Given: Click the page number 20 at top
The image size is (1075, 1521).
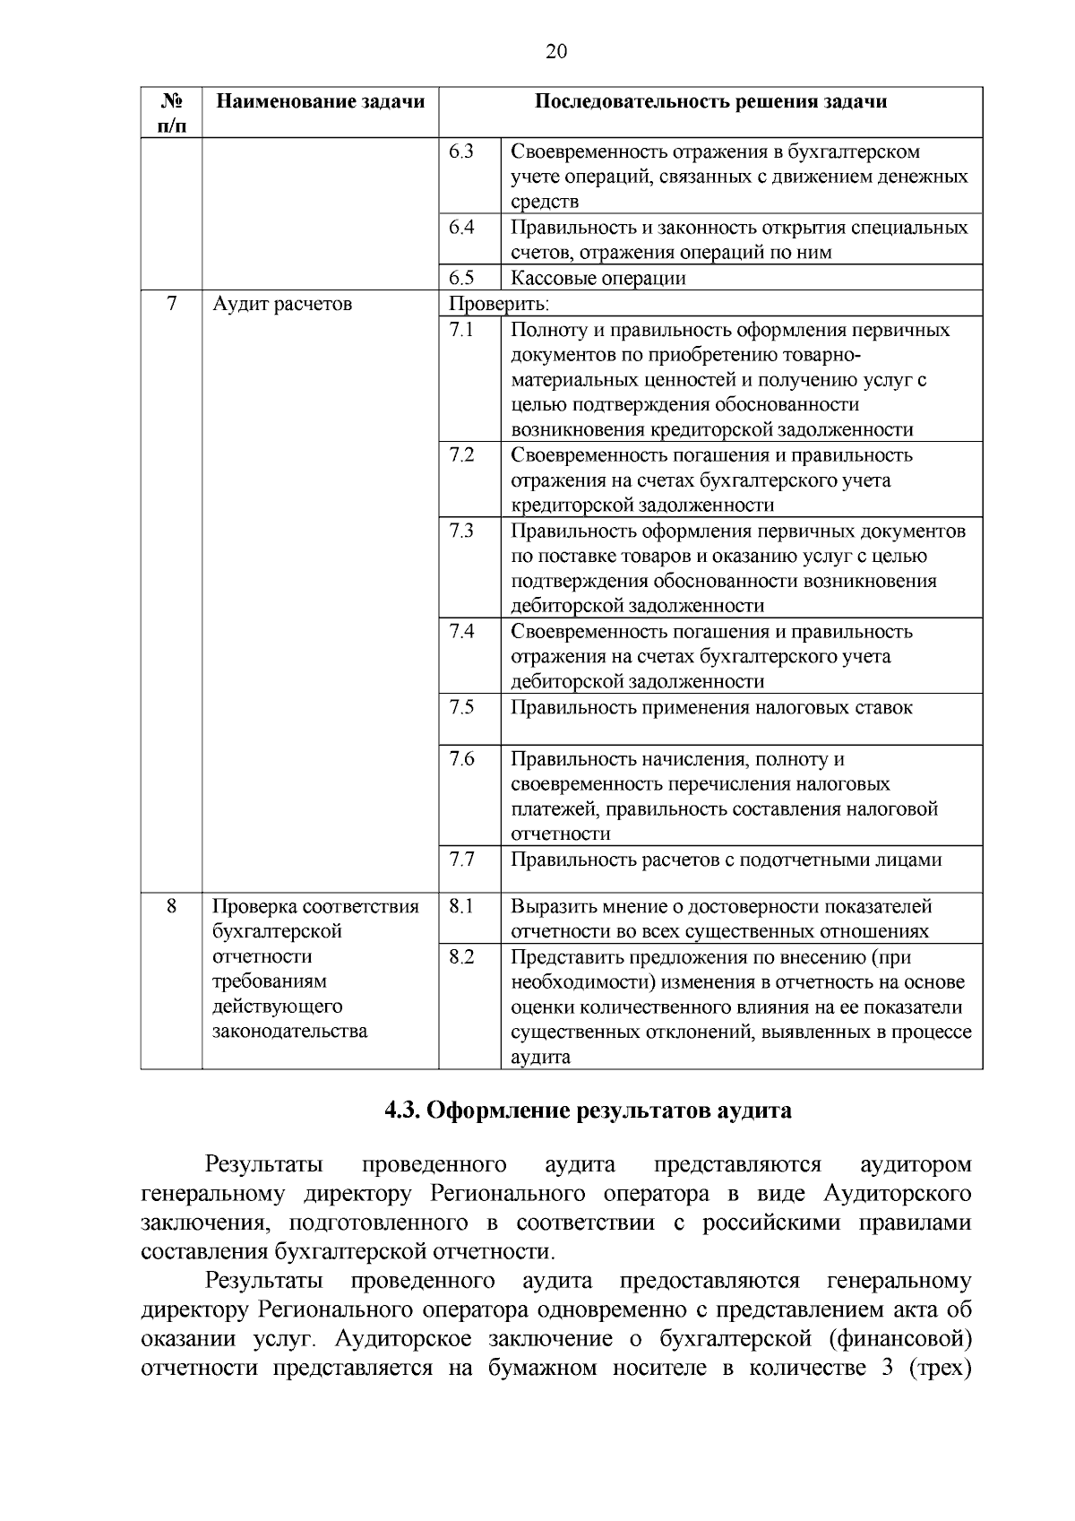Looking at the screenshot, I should [x=555, y=52].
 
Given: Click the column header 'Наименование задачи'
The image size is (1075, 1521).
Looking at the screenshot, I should [x=320, y=101].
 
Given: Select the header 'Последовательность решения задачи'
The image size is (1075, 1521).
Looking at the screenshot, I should [x=710, y=101].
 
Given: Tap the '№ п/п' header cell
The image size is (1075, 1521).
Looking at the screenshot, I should [x=171, y=113].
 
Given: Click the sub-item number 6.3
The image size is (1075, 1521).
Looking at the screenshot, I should [x=460, y=151].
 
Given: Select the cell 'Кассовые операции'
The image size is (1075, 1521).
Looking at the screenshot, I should [x=598, y=278].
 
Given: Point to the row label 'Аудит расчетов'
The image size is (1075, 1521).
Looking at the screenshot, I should [x=282, y=304].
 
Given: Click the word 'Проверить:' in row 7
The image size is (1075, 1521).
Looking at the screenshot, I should [x=498, y=304].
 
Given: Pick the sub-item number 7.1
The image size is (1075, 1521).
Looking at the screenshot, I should [x=460, y=330].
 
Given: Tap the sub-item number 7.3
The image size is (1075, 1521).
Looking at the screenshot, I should [x=460, y=531].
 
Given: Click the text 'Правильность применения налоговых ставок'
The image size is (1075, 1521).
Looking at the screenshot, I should [x=711, y=707].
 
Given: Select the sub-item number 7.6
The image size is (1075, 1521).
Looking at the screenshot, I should [x=460, y=759].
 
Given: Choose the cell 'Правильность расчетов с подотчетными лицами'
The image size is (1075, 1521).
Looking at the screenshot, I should [x=726, y=860].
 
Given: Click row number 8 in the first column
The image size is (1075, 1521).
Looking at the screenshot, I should [x=171, y=906].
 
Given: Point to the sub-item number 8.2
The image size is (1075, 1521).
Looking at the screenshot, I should [x=460, y=957].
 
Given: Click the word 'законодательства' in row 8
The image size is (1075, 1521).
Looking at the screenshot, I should [x=289, y=1031].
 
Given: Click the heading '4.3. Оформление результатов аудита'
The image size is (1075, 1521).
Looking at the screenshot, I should [x=588, y=1111].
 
